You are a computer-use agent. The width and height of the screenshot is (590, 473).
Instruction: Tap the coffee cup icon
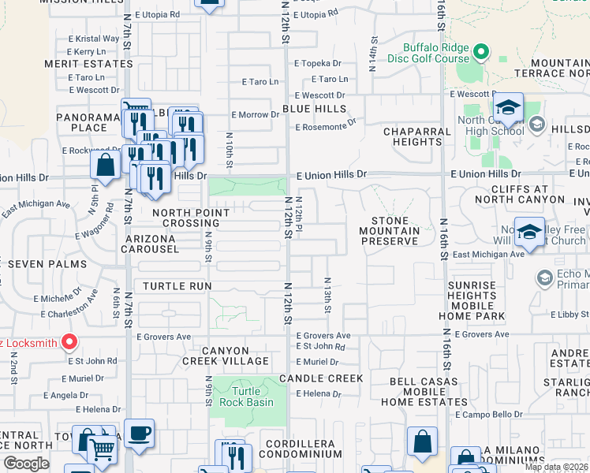pyautogui.click(x=139, y=433)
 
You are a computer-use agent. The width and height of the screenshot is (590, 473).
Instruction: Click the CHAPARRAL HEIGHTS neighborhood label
pyautogui.click(x=412, y=136)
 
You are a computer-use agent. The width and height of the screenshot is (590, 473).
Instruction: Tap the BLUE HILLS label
pyautogui.click(x=314, y=109)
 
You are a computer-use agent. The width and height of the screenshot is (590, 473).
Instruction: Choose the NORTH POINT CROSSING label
pyautogui.click(x=191, y=218)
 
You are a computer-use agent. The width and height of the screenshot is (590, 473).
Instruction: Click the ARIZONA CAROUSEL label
pyautogui.click(x=149, y=244)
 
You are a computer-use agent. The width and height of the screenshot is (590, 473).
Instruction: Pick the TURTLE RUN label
pyautogui.click(x=176, y=286)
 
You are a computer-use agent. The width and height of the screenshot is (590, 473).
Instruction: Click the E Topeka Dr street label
pyautogui.click(x=318, y=63)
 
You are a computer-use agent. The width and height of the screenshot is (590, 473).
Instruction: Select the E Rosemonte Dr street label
pyautogui.click(x=325, y=125)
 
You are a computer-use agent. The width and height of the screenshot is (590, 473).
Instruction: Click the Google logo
pyautogui.click(x=26, y=464)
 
